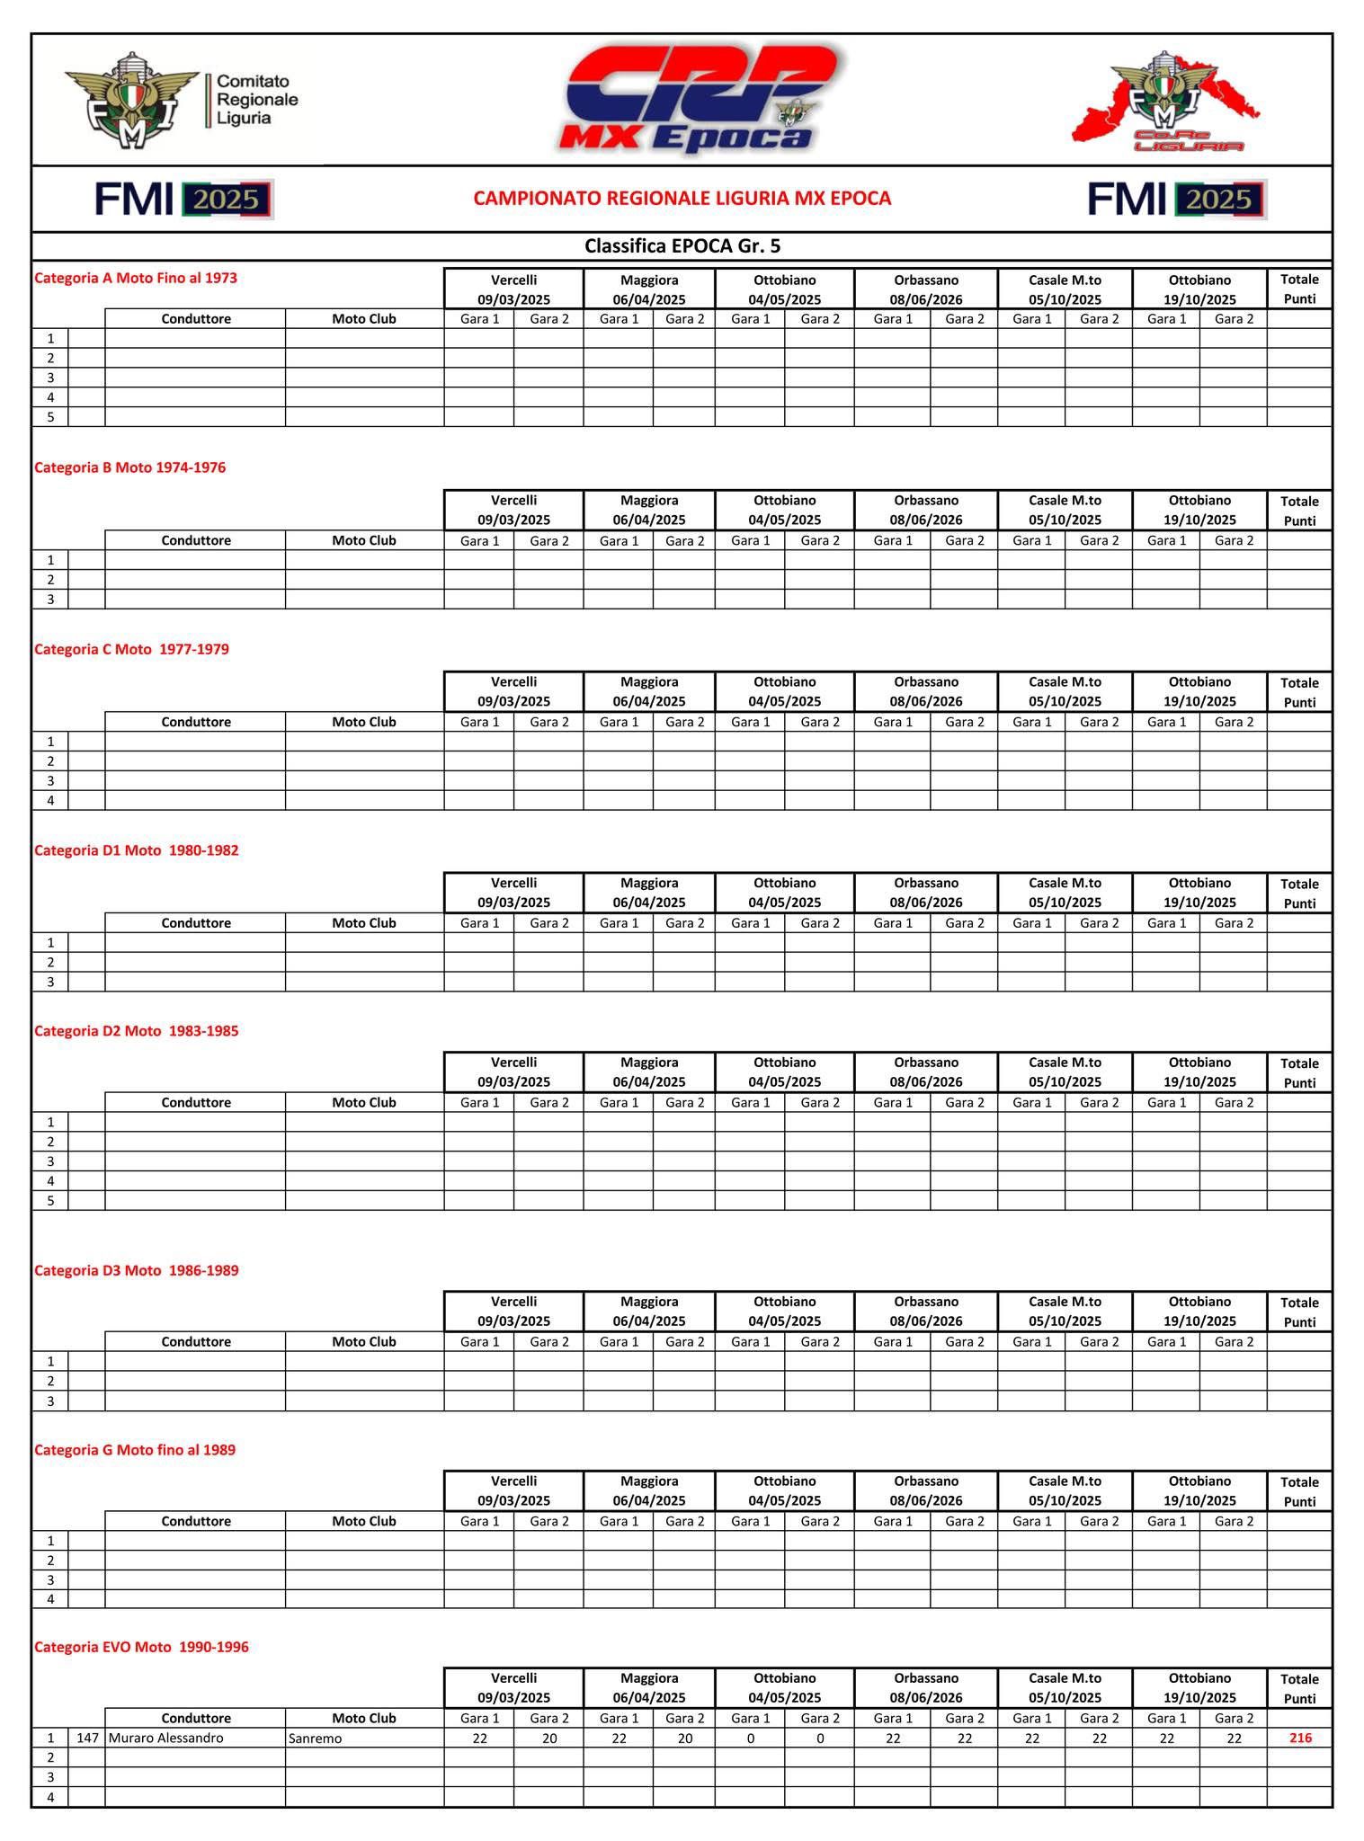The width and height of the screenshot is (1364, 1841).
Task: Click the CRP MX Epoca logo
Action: [x=698, y=99]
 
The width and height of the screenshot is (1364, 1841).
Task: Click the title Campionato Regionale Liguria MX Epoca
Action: [x=682, y=199]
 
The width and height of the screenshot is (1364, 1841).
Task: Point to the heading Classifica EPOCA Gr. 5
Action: [x=682, y=246]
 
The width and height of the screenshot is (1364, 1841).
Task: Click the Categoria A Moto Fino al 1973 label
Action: [x=136, y=279]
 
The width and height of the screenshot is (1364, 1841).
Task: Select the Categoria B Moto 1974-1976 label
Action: [x=129, y=467]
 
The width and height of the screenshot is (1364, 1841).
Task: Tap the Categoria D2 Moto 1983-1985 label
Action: [x=137, y=1031]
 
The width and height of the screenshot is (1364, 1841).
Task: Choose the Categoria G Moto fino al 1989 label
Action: [x=135, y=1450]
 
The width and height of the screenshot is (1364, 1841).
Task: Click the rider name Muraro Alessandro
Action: [x=166, y=1739]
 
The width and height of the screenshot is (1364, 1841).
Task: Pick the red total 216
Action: [x=1299, y=1739]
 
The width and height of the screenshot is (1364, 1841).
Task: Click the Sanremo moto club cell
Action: [x=316, y=1739]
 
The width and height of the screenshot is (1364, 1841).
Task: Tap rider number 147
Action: [x=87, y=1739]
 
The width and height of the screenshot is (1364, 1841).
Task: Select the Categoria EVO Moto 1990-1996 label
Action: [x=141, y=1647]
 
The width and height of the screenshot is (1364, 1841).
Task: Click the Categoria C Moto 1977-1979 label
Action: [x=131, y=649]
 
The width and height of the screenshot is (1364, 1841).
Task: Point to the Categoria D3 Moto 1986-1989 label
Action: [x=137, y=1270]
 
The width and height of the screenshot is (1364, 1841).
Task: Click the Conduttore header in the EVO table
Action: [x=196, y=1718]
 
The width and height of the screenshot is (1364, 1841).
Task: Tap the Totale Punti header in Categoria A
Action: [x=1299, y=289]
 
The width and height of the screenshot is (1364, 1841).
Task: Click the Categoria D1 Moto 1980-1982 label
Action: [x=137, y=850]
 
